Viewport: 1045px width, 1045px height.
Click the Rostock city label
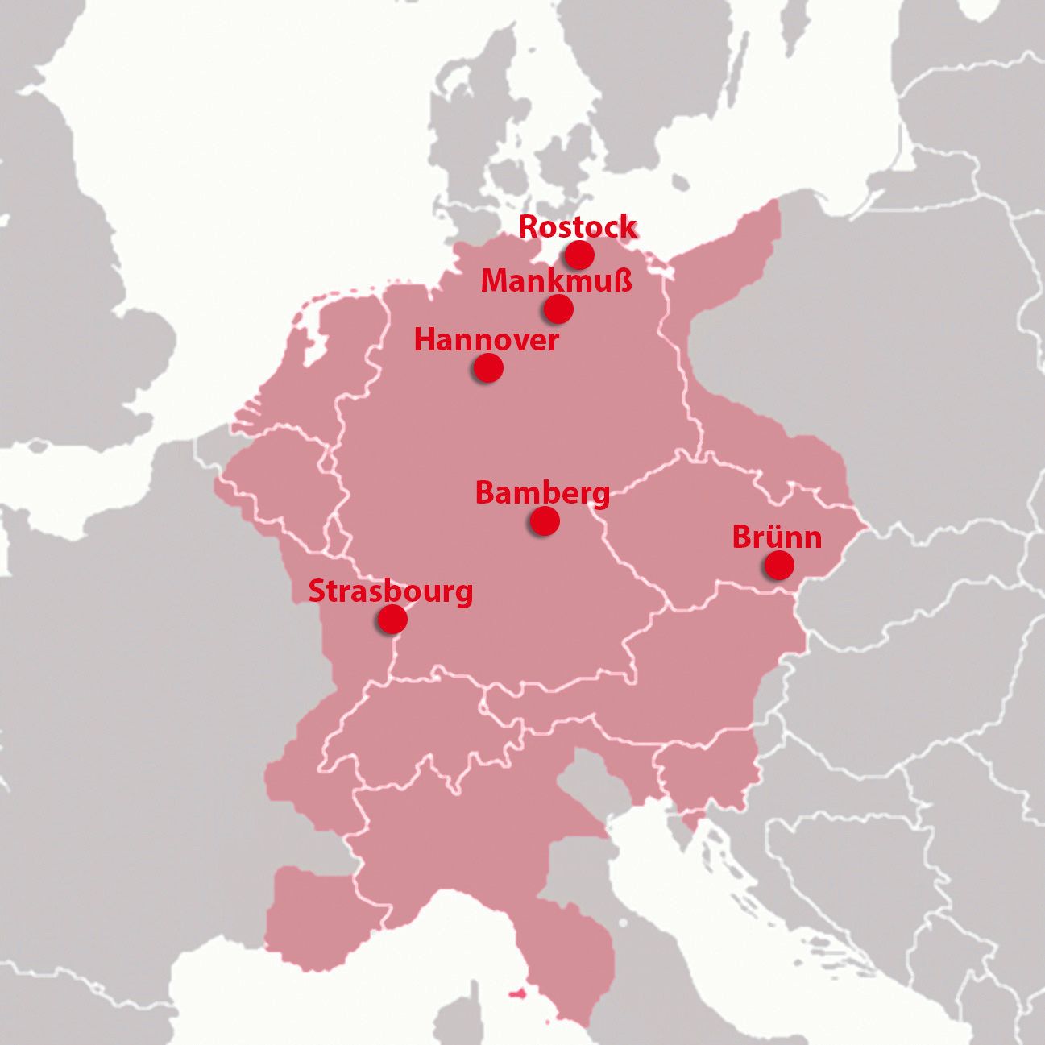pyautogui.click(x=577, y=227)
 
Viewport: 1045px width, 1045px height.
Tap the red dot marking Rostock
pyautogui.click(x=579, y=255)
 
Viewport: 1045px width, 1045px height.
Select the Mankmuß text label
pyautogui.click(x=556, y=282)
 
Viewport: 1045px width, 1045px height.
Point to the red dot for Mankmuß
pyautogui.click(x=558, y=309)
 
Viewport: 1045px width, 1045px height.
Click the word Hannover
pyautogui.click(x=486, y=340)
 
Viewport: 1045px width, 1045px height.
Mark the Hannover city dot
pyautogui.click(x=487, y=368)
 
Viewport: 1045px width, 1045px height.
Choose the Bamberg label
pyautogui.click(x=542, y=493)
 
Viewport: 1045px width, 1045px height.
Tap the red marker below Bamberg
pyautogui.click(x=545, y=521)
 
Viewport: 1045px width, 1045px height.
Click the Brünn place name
pyautogui.click(x=777, y=537)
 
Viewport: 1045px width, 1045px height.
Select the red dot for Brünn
pyautogui.click(x=778, y=566)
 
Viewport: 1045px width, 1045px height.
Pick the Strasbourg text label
pyautogui.click(x=391, y=591)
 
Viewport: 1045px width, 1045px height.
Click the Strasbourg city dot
pyautogui.click(x=392, y=620)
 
